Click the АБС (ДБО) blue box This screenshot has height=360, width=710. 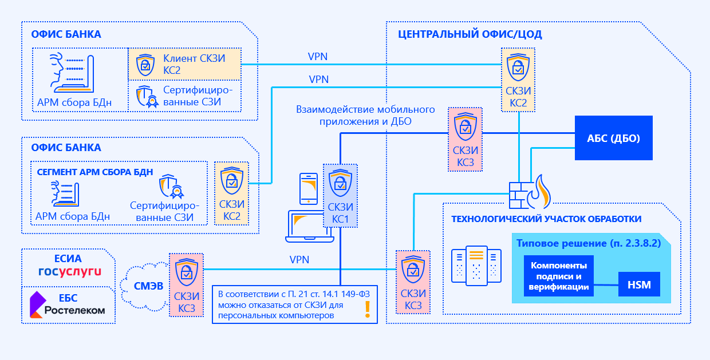[613, 138]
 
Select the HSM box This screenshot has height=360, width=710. [639, 284]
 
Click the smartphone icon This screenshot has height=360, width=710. [309, 188]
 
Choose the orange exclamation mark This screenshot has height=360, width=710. [367, 309]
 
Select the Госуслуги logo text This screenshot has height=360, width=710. [69, 271]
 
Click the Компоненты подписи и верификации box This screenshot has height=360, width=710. [558, 276]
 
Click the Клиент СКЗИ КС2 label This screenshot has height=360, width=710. [194, 64]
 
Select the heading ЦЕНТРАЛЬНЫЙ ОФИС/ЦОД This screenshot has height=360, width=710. [470, 34]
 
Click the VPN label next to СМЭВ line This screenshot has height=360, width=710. [299, 260]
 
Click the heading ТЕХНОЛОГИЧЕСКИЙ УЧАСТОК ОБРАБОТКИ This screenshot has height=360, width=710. [546, 219]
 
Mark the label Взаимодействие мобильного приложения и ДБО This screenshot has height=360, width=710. [365, 115]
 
